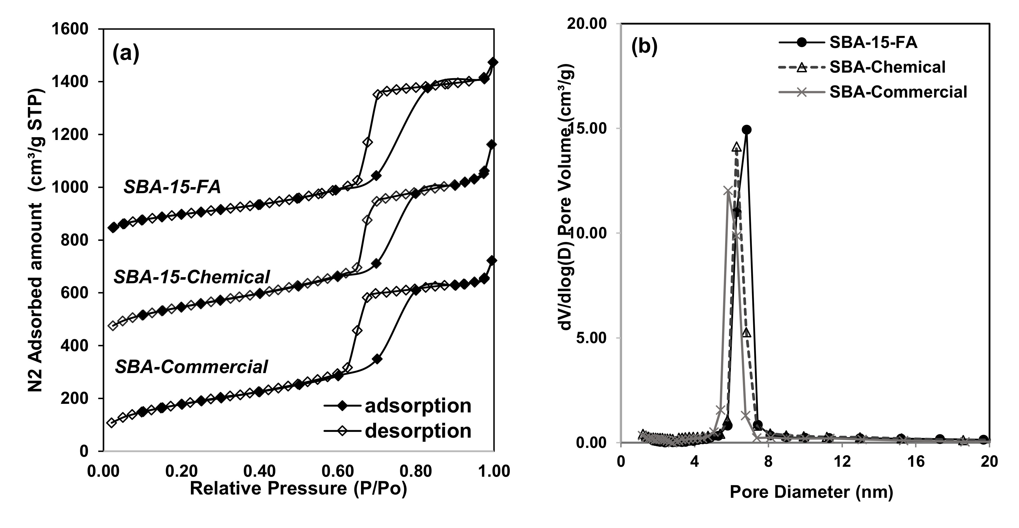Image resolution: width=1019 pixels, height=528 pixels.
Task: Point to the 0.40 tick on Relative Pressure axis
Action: pos(259,471)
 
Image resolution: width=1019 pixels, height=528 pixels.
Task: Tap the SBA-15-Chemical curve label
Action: pos(192,277)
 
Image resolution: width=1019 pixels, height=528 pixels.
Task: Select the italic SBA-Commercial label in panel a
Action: pos(191,367)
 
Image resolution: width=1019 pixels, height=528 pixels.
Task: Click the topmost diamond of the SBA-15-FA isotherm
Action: pos(493,62)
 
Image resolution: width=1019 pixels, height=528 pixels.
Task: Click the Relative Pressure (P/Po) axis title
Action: pos(298,489)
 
